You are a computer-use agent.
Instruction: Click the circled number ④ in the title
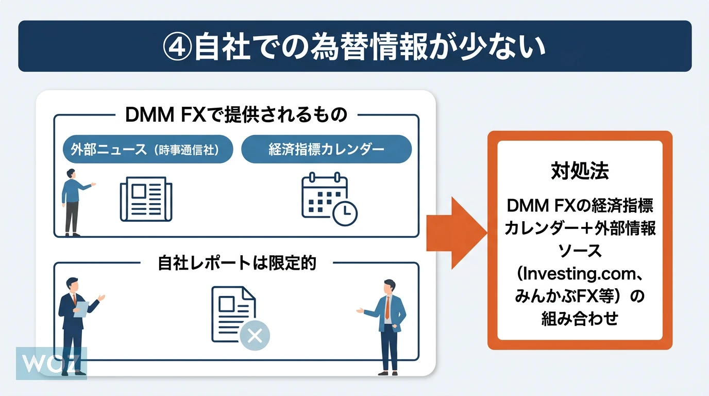tap(179, 47)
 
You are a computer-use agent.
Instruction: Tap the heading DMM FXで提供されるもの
tap(237, 114)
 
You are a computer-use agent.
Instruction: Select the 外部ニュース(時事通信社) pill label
tap(148, 150)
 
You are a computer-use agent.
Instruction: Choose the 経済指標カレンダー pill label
tap(326, 150)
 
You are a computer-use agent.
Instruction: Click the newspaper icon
tap(146, 200)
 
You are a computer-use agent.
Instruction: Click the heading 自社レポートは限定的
tap(237, 263)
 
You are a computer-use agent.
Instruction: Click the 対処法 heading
tap(580, 171)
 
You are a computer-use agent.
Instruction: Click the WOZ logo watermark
tap(51, 363)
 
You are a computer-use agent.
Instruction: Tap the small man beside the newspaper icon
tap(73, 201)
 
